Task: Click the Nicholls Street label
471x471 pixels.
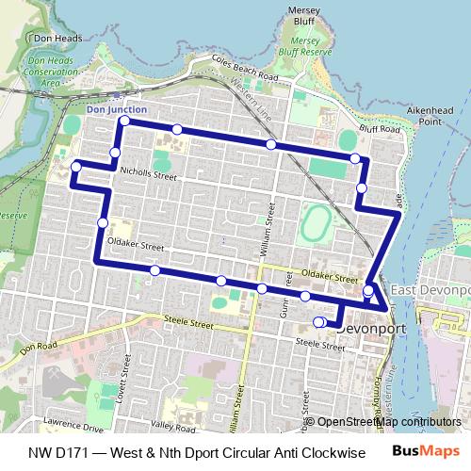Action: click(148, 173)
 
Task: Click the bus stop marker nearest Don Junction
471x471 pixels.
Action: click(124, 122)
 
